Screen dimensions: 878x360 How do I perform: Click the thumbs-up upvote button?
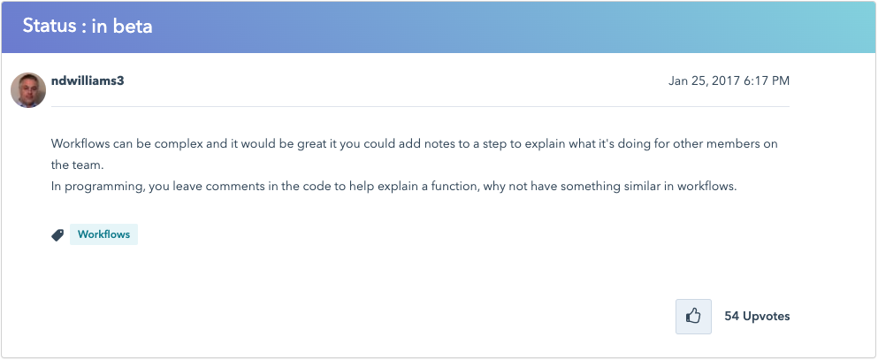click(693, 317)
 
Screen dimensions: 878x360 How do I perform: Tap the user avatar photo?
click(28, 89)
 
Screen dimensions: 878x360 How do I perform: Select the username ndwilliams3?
click(88, 80)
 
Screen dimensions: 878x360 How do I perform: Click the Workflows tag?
click(103, 234)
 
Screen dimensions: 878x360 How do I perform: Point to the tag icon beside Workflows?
click(57, 235)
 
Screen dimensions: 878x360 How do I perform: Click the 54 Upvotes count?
click(757, 317)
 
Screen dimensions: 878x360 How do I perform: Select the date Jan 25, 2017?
click(703, 81)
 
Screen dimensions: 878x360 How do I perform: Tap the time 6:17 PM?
click(767, 81)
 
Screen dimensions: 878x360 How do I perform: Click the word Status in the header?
click(48, 27)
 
